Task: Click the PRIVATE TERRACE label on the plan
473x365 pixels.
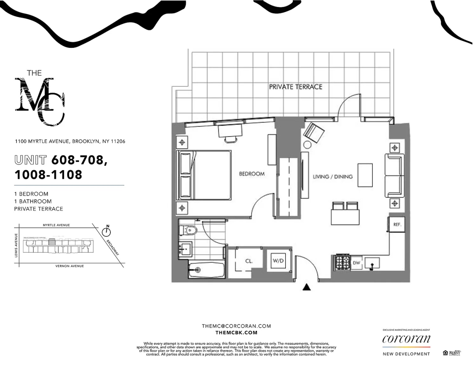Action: (x=295, y=87)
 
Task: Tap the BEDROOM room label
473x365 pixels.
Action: (x=251, y=174)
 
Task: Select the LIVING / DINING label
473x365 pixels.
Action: (x=333, y=177)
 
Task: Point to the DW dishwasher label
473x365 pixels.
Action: (x=356, y=263)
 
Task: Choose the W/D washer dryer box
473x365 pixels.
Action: (x=278, y=261)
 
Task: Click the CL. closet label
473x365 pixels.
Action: (x=249, y=261)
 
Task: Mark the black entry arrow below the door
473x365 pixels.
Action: (x=307, y=287)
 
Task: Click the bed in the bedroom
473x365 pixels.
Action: (x=205, y=175)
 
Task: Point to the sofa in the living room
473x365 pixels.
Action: (x=394, y=175)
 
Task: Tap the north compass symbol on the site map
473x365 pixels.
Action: (x=107, y=231)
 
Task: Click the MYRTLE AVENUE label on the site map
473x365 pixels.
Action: (x=56, y=225)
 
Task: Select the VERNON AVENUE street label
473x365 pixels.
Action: (x=69, y=266)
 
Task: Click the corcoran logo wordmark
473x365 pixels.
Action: (x=406, y=339)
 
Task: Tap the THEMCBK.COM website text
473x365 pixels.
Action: (x=236, y=333)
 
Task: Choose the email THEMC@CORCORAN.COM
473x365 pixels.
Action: (x=236, y=326)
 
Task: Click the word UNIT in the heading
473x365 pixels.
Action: (x=31, y=160)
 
